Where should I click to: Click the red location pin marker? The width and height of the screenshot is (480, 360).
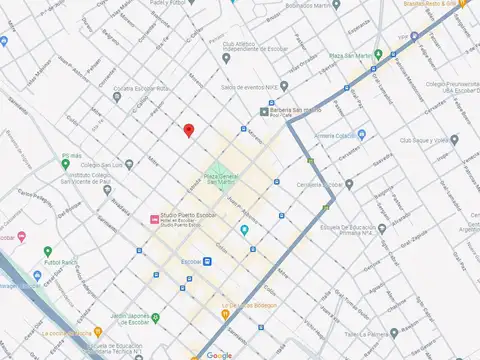tap(187, 130)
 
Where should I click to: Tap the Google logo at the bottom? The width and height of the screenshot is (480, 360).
tap(219, 354)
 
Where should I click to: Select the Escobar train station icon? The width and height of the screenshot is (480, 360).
tap(210, 261)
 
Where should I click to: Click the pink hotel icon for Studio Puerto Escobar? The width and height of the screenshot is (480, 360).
tap(152, 218)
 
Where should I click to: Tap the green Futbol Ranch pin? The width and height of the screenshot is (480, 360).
tap(47, 251)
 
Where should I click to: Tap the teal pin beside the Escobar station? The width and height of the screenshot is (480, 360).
tap(244, 230)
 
